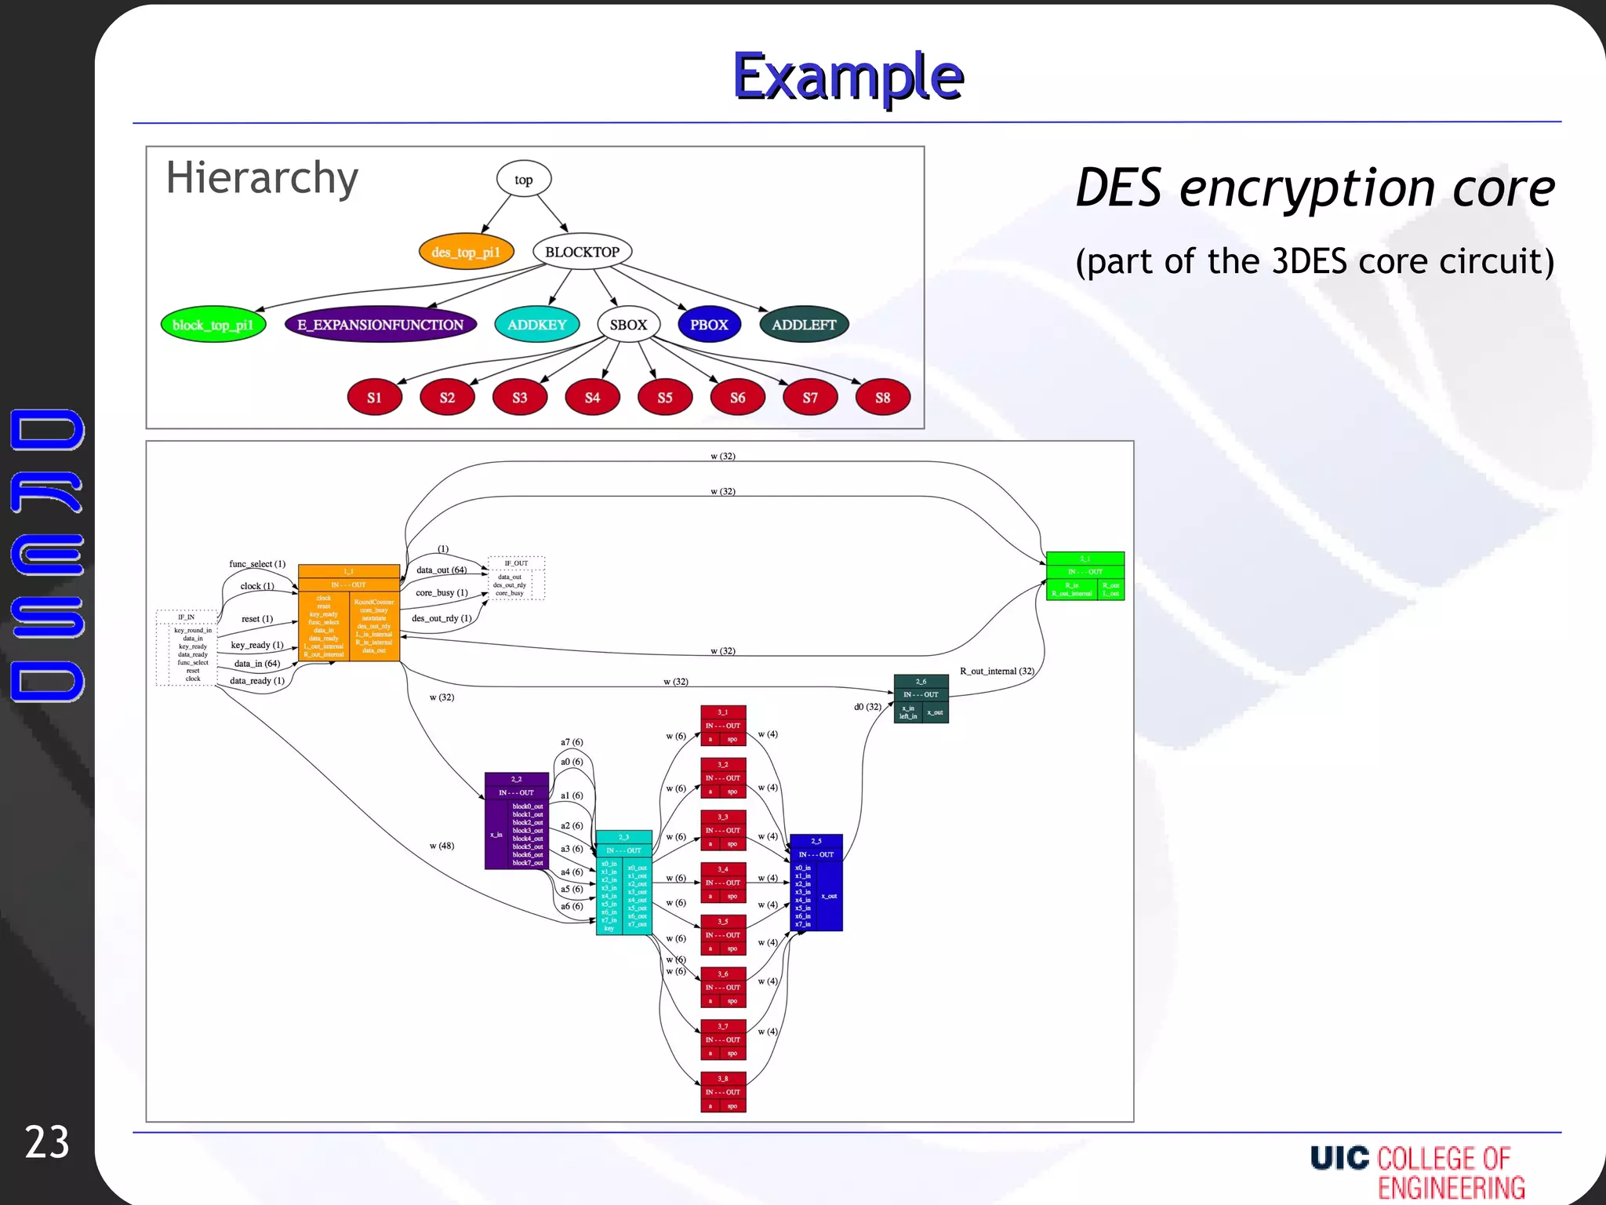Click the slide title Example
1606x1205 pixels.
[x=848, y=77]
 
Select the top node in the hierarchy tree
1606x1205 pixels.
[x=523, y=179]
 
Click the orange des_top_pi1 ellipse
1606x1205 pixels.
[x=466, y=252]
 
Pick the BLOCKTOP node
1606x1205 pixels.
[x=582, y=252]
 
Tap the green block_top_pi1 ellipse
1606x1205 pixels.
[x=213, y=325]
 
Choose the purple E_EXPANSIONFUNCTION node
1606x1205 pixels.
[x=380, y=325]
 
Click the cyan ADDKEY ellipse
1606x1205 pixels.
[x=536, y=325]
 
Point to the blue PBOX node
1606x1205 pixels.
[x=709, y=325]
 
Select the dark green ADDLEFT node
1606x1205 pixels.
[x=804, y=325]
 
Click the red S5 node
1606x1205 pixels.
[x=664, y=398]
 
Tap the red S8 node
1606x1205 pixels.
[x=882, y=398]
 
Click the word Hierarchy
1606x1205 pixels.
[x=262, y=178]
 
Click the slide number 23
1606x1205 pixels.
[x=47, y=1141]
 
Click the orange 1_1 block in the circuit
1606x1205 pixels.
[x=349, y=613]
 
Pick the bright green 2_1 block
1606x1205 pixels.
[x=1085, y=577]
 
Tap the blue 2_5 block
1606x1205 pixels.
[x=816, y=883]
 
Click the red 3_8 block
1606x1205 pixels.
[x=723, y=1092]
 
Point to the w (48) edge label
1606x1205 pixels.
[x=441, y=846]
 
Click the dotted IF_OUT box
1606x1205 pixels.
[x=516, y=578]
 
